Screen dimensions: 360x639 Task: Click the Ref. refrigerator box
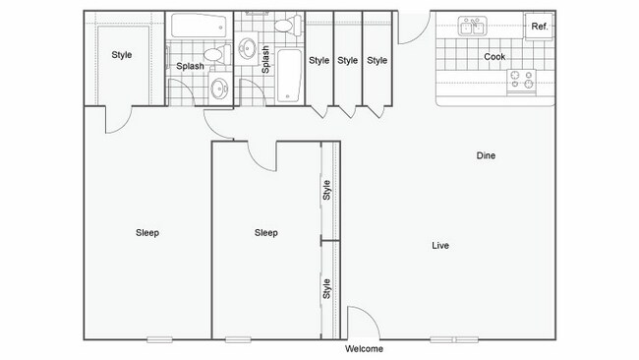540,28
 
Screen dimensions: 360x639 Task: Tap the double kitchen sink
473,28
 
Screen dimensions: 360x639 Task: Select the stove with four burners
520,83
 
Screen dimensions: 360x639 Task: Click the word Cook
494,57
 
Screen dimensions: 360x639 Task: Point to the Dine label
486,155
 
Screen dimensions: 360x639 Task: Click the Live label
440,245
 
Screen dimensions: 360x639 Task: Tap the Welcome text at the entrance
364,349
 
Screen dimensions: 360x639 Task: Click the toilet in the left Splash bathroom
212,55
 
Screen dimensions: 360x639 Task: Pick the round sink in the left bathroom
220,90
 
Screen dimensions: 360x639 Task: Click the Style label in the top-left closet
122,55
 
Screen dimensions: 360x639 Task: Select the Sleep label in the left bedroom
147,233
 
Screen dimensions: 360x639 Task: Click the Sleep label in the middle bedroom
265,233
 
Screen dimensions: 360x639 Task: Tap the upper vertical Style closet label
328,190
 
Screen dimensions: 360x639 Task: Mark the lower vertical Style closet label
328,289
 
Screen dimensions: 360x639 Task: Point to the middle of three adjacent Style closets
348,60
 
